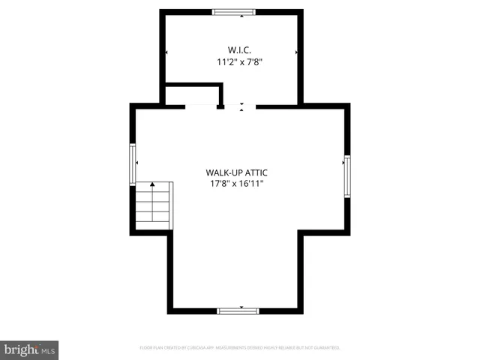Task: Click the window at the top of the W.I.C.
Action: (233, 12)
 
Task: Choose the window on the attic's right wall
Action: (347, 175)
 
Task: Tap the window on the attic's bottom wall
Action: (238, 310)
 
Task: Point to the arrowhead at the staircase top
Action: (152, 184)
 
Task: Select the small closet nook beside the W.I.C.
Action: (192, 96)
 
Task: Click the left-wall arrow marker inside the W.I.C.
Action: (166, 52)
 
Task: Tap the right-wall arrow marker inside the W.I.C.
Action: (297, 52)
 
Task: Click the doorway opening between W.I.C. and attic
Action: (241, 106)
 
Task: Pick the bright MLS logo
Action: (29, 349)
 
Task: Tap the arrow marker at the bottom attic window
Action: (241, 307)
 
